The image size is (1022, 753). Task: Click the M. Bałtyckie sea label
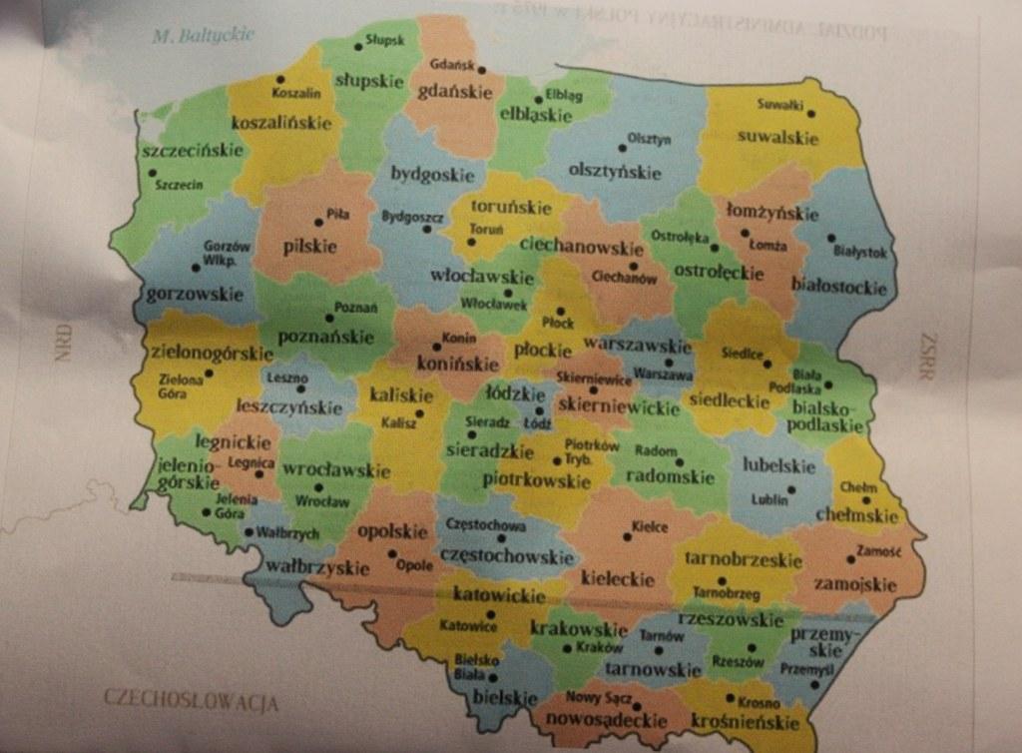pos(204,37)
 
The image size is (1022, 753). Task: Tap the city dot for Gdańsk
pos(480,70)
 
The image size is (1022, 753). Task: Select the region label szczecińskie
pos(193,152)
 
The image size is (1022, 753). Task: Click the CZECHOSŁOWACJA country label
pos(190,698)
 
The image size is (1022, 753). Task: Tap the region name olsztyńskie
pos(614,172)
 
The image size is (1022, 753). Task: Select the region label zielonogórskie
pos(211,354)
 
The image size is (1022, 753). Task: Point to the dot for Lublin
pos(790,489)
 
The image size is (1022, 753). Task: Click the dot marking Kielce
pos(627,536)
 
